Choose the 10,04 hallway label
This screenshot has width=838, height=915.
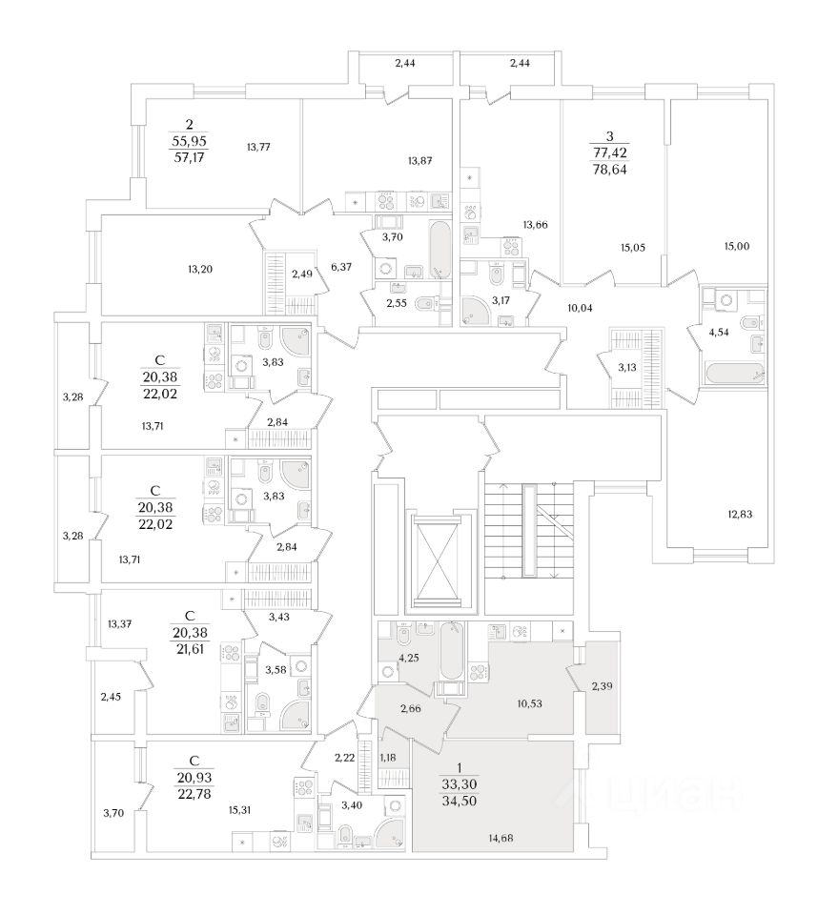pyautogui.click(x=580, y=308)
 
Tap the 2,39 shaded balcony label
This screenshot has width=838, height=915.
pyautogui.click(x=603, y=686)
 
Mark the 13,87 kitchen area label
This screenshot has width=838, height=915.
pyautogui.click(x=419, y=161)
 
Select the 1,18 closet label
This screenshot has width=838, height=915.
pyautogui.click(x=389, y=757)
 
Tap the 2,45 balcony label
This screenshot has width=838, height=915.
pyautogui.click(x=111, y=698)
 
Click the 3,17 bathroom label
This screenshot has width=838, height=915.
pyautogui.click(x=500, y=300)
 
